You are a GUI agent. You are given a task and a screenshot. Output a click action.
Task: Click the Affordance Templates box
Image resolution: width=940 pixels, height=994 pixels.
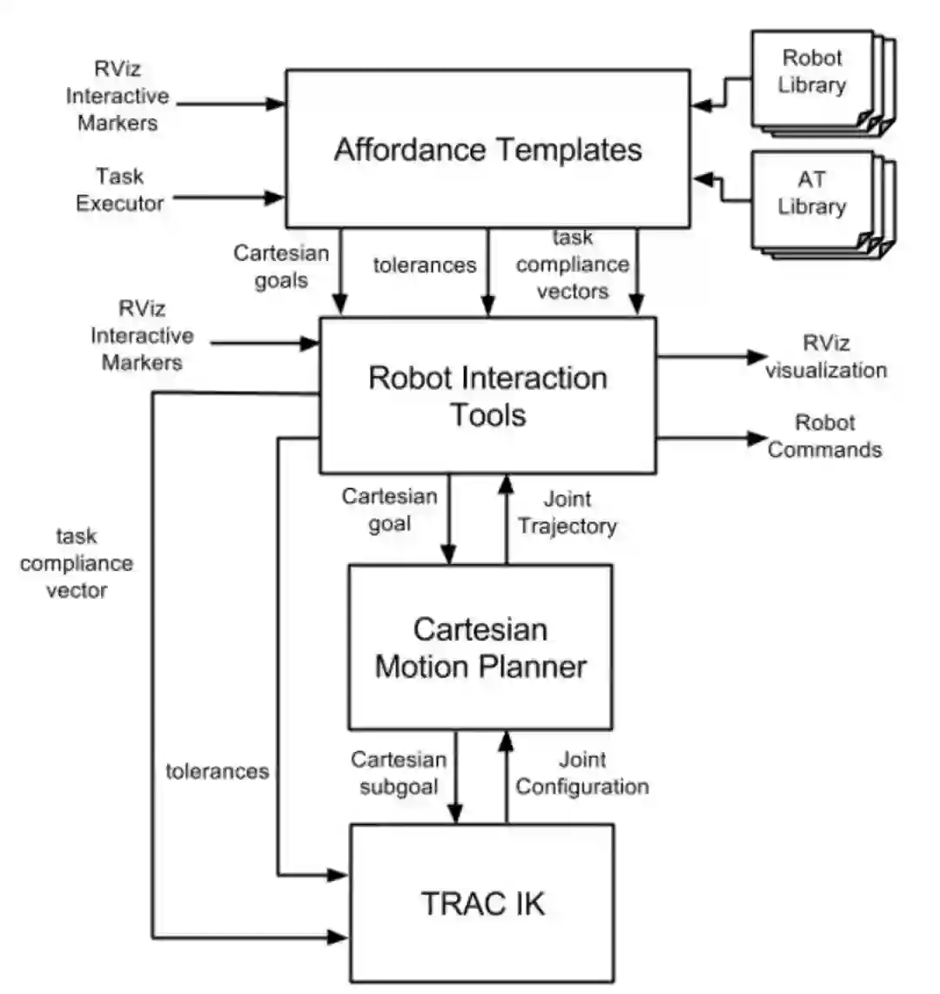(487, 149)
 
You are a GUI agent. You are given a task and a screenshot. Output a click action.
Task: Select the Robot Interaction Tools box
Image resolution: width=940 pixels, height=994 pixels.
(487, 396)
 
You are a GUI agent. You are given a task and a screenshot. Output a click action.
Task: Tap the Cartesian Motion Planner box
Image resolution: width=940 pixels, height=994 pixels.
(480, 648)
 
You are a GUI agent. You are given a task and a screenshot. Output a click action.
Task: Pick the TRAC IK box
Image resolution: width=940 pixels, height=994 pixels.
(482, 903)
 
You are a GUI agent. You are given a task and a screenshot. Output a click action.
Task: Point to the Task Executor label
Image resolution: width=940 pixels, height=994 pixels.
(120, 190)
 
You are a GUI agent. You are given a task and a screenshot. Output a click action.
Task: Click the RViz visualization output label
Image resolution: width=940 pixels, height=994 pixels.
(825, 357)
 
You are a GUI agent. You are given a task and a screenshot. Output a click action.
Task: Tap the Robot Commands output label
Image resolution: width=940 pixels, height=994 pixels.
(824, 436)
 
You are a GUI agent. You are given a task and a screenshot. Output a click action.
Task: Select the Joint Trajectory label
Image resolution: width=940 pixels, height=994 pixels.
(567, 513)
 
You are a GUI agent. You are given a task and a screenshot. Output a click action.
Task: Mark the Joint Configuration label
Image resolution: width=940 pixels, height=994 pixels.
(582, 773)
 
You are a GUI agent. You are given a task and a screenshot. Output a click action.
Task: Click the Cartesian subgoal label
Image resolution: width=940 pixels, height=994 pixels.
(399, 773)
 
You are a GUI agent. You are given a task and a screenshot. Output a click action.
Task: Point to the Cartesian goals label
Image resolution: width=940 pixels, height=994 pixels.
(281, 266)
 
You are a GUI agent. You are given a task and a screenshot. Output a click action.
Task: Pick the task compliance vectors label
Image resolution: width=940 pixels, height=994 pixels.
(572, 265)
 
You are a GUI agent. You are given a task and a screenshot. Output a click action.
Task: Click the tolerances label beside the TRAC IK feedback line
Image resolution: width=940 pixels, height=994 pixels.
(217, 771)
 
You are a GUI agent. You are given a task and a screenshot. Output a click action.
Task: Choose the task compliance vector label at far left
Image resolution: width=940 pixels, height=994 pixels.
(77, 563)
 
